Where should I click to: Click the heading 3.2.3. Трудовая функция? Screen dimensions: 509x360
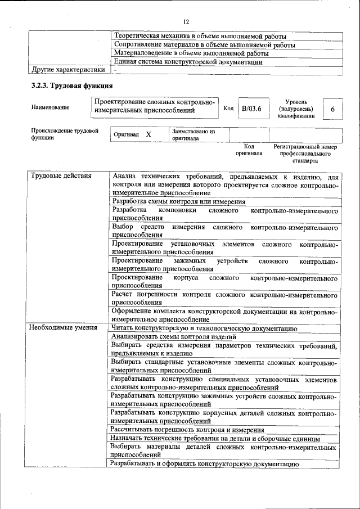click(x=71, y=86)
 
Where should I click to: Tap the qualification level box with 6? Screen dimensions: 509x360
click(x=332, y=109)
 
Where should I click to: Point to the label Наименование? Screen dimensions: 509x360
click(x=51, y=107)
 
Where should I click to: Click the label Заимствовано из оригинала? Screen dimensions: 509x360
click(x=193, y=135)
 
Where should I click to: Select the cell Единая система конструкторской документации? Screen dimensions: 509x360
click(x=188, y=62)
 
